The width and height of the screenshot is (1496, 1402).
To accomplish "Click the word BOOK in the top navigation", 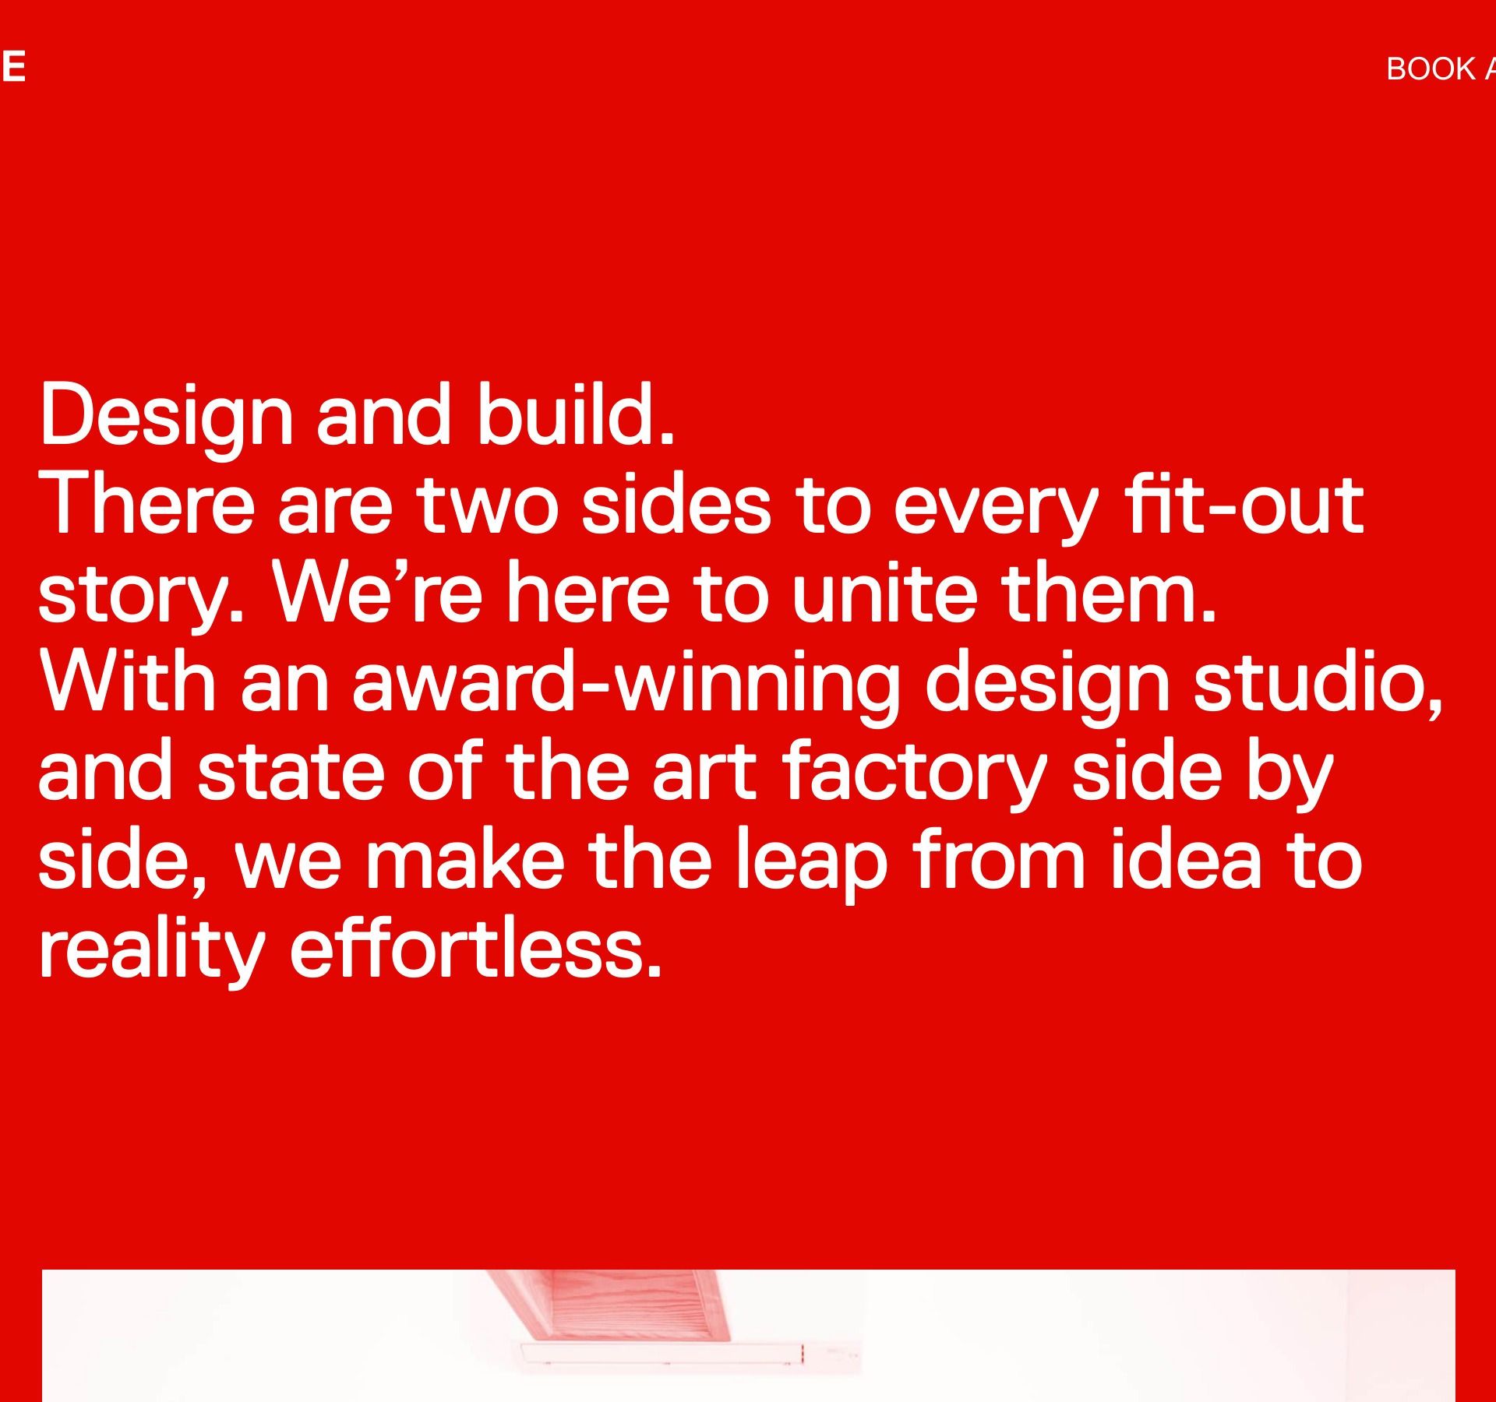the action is coord(1431,69).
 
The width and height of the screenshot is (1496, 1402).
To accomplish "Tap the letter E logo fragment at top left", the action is coord(12,67).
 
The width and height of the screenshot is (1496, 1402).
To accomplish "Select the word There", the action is coord(146,504).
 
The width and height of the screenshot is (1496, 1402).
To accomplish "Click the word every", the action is coord(997,513).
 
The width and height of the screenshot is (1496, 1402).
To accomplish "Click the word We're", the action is coord(377,593).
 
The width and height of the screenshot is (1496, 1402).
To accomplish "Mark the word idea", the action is coord(1185,859).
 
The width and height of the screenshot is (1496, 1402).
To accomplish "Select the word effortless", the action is coord(476,948).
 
